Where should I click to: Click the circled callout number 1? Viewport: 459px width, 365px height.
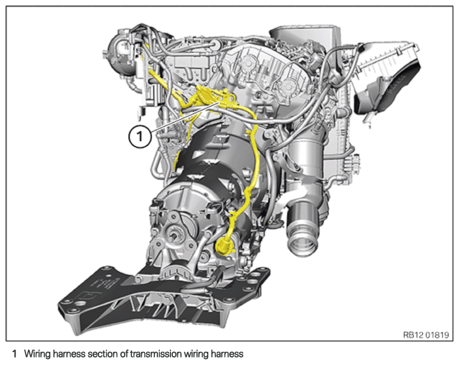coord(139,136)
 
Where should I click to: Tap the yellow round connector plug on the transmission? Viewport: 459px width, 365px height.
coord(224,246)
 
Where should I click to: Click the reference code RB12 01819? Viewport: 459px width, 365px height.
coord(426,335)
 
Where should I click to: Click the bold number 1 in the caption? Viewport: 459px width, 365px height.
coord(14,354)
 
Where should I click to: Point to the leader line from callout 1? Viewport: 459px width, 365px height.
coord(185,117)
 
